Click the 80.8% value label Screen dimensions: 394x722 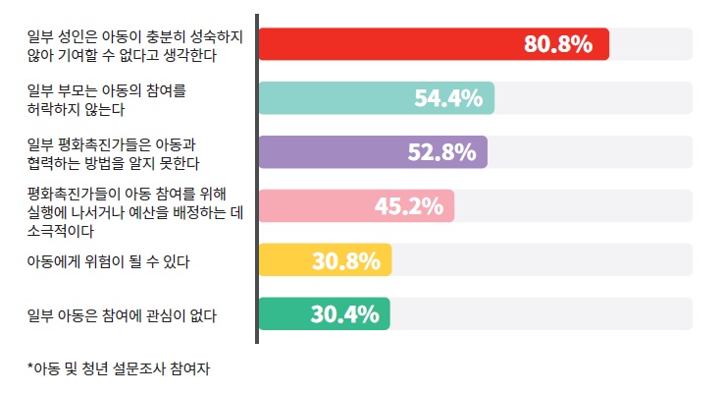point(558,44)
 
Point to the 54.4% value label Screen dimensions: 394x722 point(447,98)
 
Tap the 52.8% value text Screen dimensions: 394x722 point(441,152)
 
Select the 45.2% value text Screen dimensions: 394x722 point(408,206)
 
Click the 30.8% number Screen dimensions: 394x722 point(345,260)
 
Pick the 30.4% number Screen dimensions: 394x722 point(344,314)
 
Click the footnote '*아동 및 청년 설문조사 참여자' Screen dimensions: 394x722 point(120,369)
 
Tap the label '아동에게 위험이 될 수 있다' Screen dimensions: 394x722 point(108,261)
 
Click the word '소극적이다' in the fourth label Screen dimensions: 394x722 point(60,232)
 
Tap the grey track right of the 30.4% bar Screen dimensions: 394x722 point(540,314)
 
